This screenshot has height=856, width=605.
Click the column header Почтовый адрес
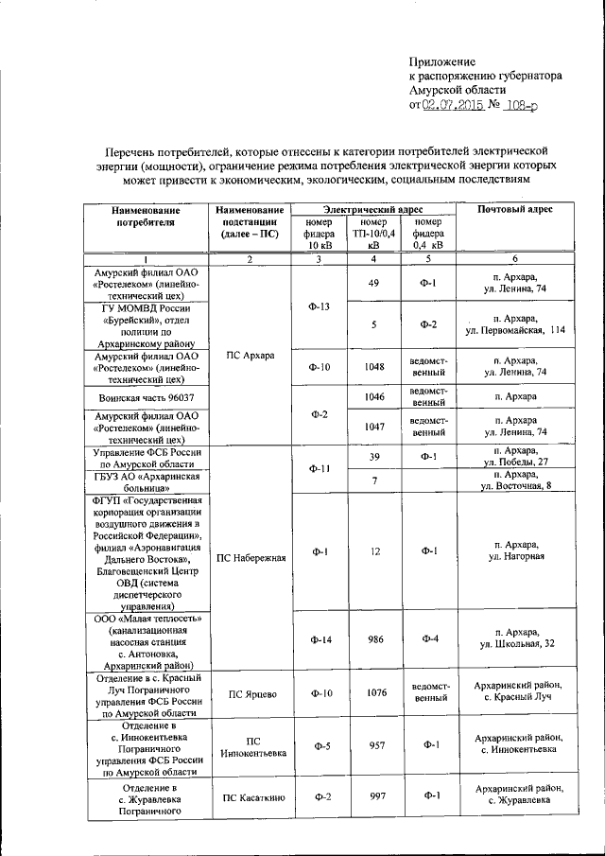point(515,209)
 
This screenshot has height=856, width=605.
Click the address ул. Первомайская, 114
point(515,330)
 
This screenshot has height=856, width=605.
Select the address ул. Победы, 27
point(515,462)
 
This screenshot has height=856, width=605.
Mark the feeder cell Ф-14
point(320,640)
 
